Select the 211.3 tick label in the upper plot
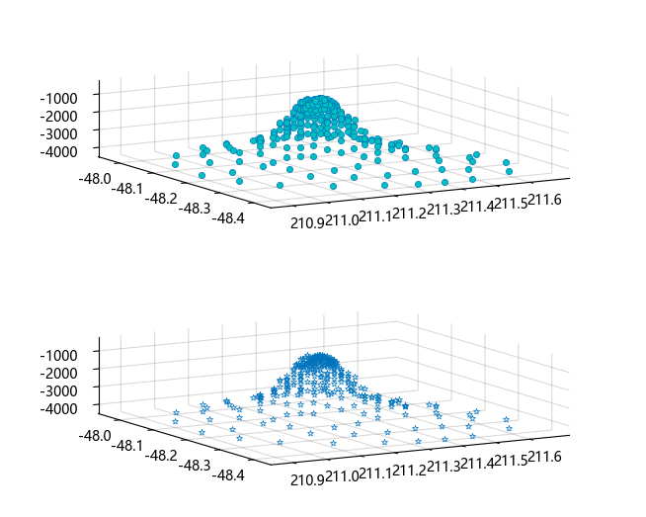[444, 209]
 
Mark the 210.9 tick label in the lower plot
[306, 478]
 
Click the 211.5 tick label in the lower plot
[512, 461]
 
